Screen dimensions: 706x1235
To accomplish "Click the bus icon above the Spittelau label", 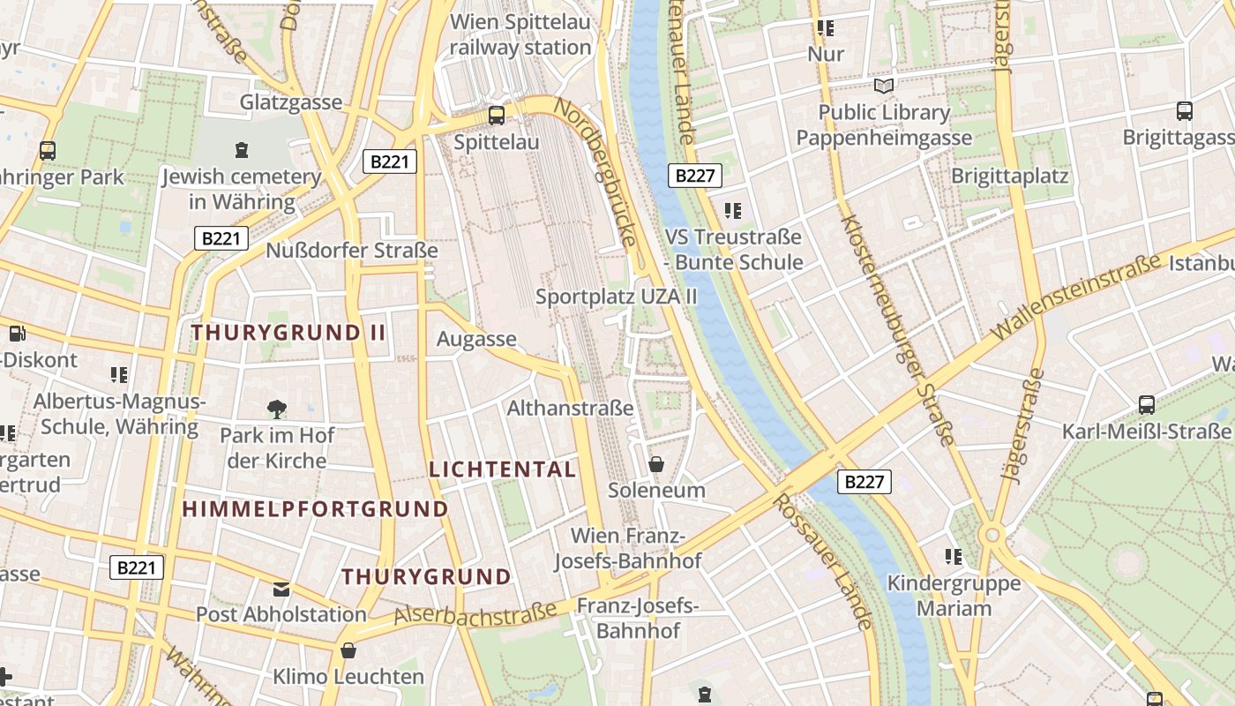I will [497, 115].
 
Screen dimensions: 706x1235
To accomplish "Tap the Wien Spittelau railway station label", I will [520, 34].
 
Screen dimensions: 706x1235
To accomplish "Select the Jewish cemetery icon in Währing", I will [242, 150].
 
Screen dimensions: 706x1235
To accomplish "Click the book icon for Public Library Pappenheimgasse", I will [883, 86].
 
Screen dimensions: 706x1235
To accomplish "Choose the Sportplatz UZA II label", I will [616, 297].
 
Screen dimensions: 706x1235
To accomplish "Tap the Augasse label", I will [476, 339].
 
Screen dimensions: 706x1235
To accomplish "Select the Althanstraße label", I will [570, 408].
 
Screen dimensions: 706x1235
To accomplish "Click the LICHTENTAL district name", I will [502, 469].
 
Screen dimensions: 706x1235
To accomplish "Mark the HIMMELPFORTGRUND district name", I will [315, 509].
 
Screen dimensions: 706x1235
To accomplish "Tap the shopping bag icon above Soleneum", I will [656, 464].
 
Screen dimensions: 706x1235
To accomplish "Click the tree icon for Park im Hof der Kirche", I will [277, 409].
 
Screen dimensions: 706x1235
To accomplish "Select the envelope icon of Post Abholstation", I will [281, 589].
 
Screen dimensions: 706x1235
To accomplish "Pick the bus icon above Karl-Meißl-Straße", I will [1147, 405].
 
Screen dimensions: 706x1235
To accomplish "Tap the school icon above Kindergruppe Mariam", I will [954, 557].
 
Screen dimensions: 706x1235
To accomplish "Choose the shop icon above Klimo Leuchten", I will [349, 651].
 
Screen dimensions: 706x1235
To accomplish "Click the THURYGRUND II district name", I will [288, 333].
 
